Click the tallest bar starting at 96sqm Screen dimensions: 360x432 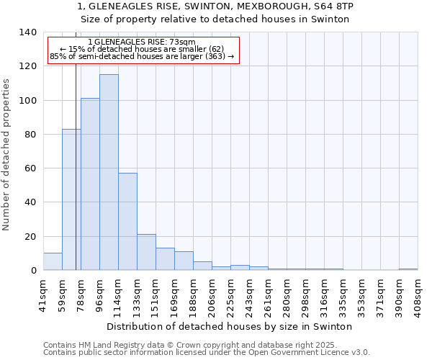109,173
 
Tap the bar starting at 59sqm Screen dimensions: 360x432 71,199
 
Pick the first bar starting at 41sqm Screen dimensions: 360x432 53,262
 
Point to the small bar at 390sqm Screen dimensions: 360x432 408,269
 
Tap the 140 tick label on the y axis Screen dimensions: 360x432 27,32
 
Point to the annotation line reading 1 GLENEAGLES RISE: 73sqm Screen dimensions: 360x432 141,42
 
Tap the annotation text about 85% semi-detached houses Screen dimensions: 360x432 142,56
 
